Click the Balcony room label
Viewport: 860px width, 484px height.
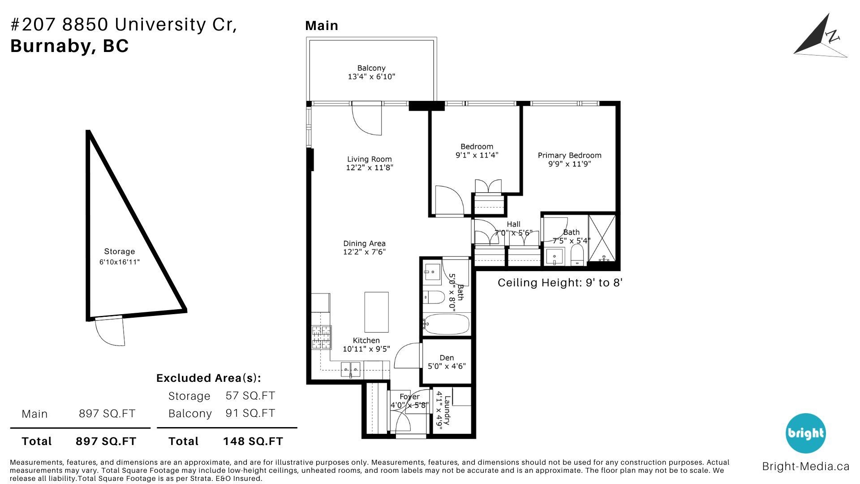click(x=371, y=68)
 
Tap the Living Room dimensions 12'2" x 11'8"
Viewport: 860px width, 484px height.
click(x=370, y=168)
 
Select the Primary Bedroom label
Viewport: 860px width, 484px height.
click(x=569, y=156)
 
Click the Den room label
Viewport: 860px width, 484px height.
click(x=447, y=358)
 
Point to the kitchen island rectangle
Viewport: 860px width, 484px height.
click(x=376, y=311)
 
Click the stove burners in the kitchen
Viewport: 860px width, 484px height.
click(x=322, y=337)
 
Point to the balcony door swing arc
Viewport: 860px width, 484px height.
click(x=366, y=119)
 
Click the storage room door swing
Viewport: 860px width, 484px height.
click(x=110, y=332)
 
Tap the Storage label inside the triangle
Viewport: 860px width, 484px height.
click(x=119, y=251)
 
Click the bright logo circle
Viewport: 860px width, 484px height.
click(x=805, y=433)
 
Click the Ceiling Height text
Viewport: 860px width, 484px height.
click(x=560, y=283)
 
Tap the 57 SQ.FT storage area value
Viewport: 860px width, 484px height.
click(x=250, y=395)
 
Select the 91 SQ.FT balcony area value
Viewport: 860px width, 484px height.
click(x=250, y=413)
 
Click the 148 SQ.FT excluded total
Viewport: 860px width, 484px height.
click(x=253, y=441)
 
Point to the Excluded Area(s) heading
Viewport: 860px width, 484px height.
click(x=208, y=378)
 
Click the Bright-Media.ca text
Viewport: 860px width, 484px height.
click(x=805, y=466)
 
